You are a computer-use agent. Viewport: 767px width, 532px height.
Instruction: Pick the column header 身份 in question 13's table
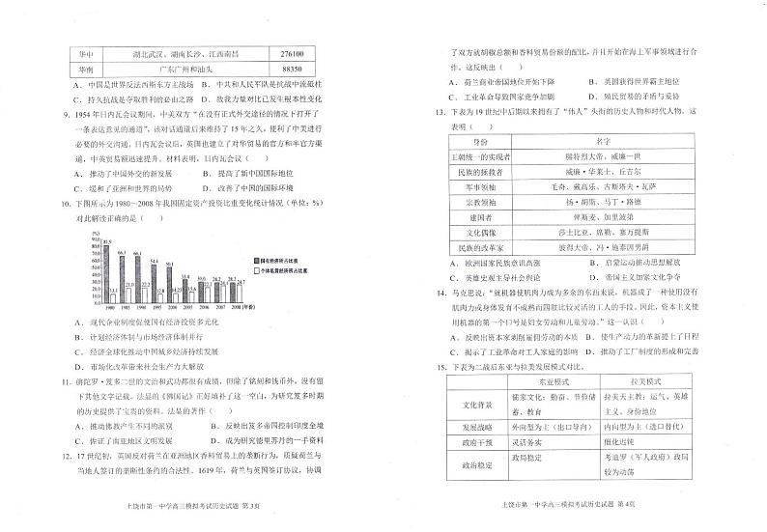(494, 140)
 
